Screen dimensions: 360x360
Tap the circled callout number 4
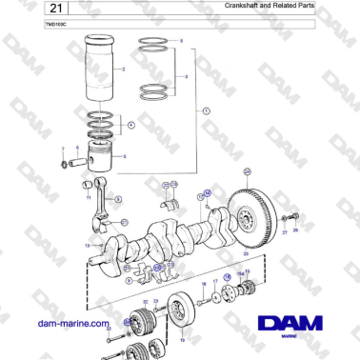coord(131,125)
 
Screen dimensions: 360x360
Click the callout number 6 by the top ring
coord(182,41)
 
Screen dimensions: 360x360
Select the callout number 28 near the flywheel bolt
coord(295,230)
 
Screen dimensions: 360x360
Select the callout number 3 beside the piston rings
coord(186,76)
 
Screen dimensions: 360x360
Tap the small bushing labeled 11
coord(86,184)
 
